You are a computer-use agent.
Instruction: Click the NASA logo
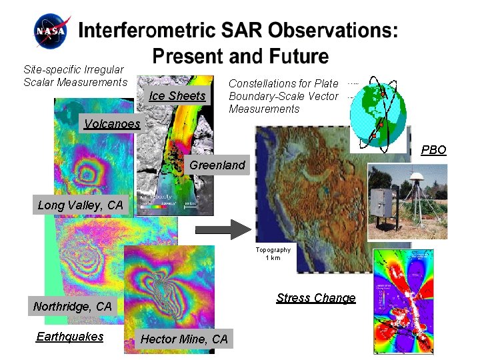pyautogui.click(x=51, y=31)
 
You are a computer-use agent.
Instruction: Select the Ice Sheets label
pyautogui.click(x=177, y=95)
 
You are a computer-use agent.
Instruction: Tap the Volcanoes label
pyautogui.click(x=112, y=123)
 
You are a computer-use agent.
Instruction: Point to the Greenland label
pyautogui.click(x=217, y=165)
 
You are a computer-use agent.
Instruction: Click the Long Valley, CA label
pyautogui.click(x=81, y=205)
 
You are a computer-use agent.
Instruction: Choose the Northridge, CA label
pyautogui.click(x=73, y=307)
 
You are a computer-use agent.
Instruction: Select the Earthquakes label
pyautogui.click(x=70, y=337)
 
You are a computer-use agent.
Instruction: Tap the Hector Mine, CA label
pyautogui.click(x=184, y=339)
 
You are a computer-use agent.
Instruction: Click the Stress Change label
pyautogui.click(x=316, y=298)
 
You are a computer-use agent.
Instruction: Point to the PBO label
pyautogui.click(x=433, y=150)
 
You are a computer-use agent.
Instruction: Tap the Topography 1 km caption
pyautogui.click(x=273, y=254)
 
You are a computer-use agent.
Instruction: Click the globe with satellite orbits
pyautogui.click(x=377, y=111)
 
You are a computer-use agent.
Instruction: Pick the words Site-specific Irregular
pyautogui.click(x=73, y=69)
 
